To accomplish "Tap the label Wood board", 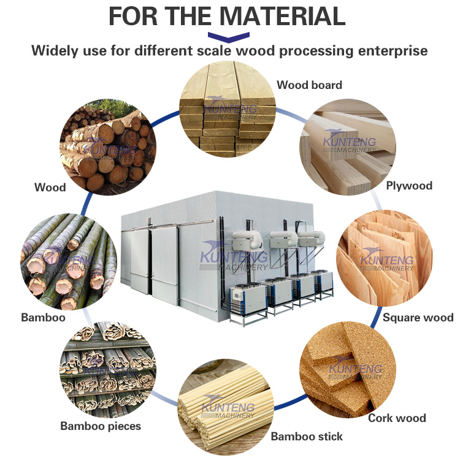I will [309, 85].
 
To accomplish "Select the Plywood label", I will [409, 185].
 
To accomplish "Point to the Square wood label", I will [418, 317].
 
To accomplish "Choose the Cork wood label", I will [397, 418].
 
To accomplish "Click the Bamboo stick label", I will [307, 437].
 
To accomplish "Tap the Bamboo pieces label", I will [101, 426].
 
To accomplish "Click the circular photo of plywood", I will [346, 148].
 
